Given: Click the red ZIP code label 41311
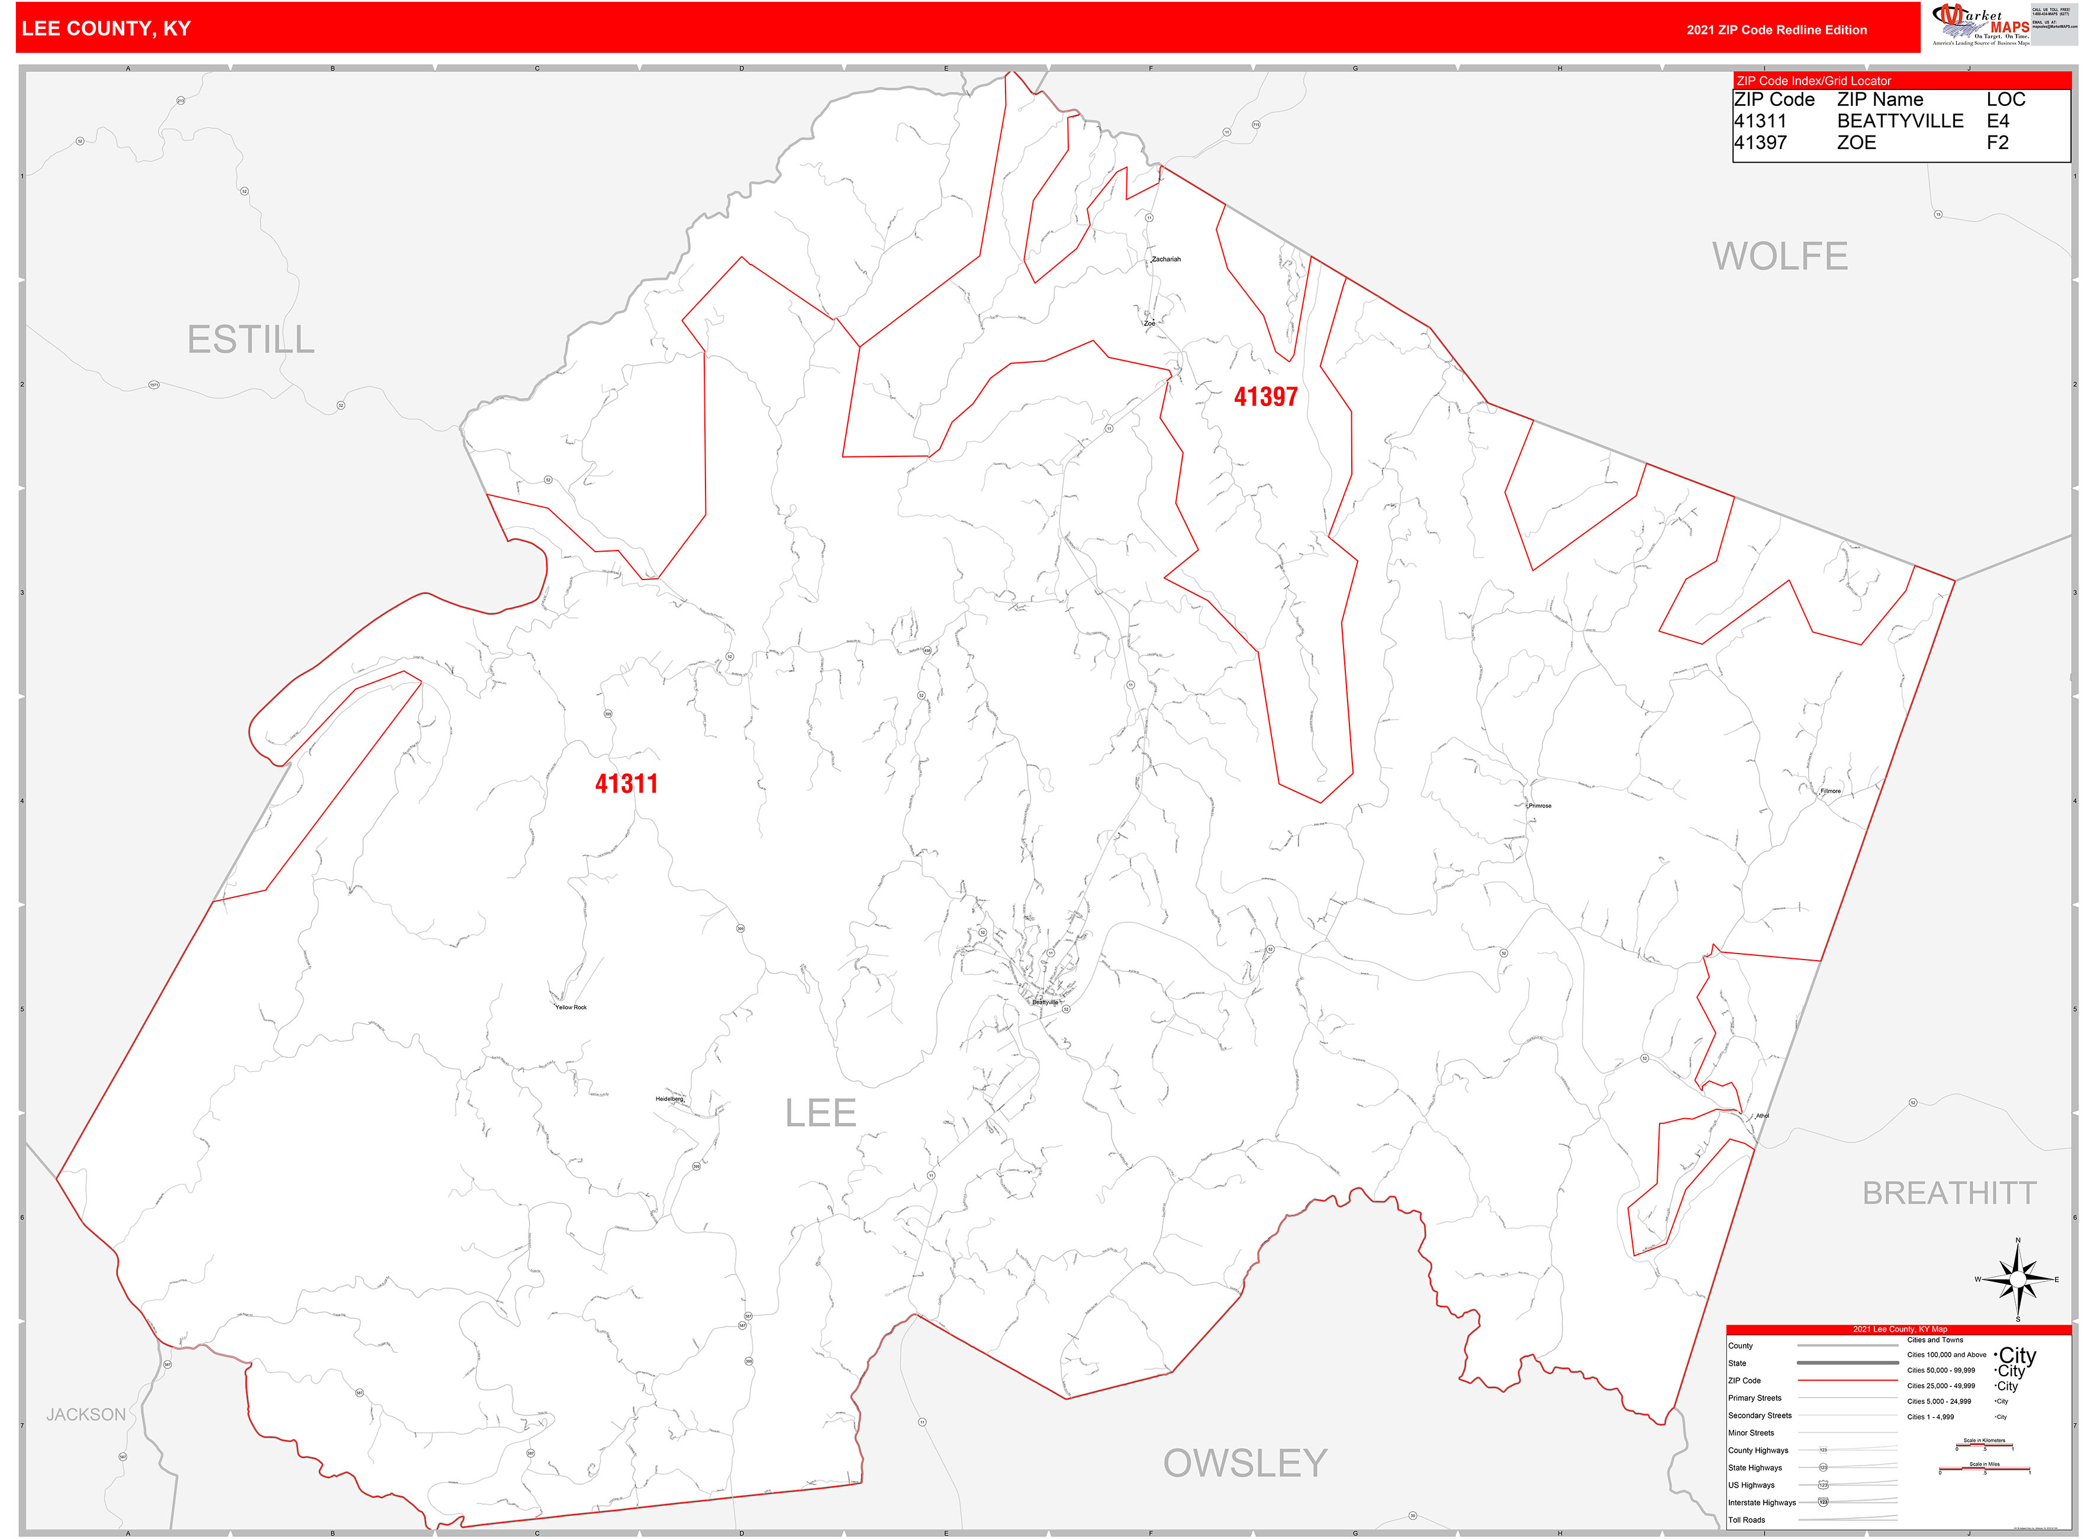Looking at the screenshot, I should coord(626,784).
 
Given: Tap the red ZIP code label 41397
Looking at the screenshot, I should coord(1265,397).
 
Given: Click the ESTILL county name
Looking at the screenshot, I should coord(250,340).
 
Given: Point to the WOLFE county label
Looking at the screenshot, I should coord(1779,256).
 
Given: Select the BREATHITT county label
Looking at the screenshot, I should coord(1948,1193).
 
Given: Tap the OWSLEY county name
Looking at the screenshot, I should coord(1245,1464).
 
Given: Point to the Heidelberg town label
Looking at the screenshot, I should coord(670,1099).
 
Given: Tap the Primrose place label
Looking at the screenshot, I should coord(1540,806).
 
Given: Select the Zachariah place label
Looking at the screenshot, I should coord(1166,259).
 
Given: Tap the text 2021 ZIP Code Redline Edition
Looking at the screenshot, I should coord(1776,30).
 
